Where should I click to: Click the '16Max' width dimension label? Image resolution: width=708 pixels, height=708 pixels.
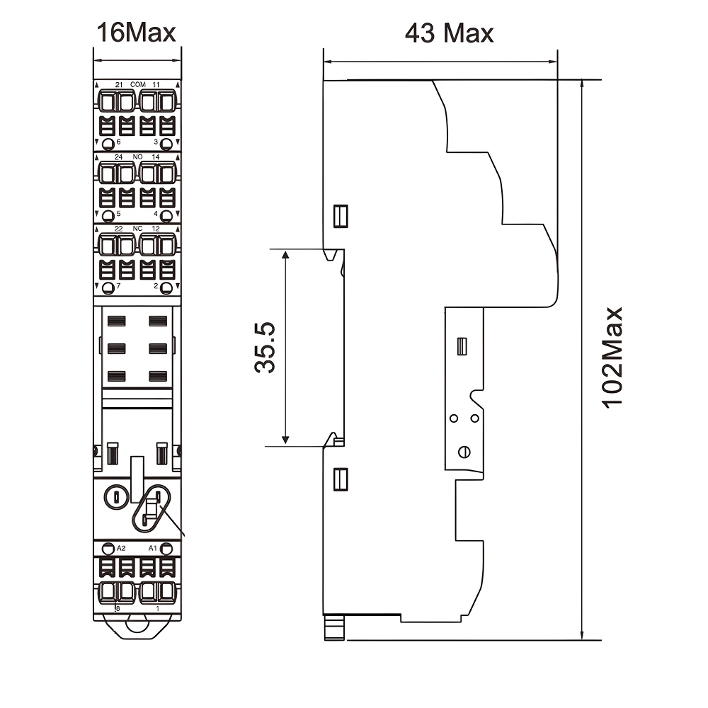click(x=137, y=32)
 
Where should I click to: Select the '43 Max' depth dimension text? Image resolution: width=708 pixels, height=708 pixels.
click(x=449, y=33)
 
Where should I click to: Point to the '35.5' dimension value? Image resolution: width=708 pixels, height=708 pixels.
click(x=265, y=347)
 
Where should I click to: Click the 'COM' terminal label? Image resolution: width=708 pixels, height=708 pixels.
click(x=137, y=84)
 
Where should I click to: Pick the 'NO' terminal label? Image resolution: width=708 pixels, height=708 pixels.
click(x=137, y=156)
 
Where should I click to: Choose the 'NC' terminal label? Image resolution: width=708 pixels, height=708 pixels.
click(x=137, y=229)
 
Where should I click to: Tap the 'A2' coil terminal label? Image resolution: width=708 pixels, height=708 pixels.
click(x=120, y=549)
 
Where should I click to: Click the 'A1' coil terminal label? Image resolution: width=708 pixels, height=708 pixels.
click(x=152, y=549)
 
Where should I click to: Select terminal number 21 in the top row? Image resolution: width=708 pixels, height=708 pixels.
click(x=119, y=84)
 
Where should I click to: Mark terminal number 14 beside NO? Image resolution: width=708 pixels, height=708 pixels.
click(x=156, y=156)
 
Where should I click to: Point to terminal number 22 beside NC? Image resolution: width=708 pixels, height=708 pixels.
click(x=119, y=229)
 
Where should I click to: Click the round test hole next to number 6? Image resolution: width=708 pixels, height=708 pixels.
click(x=108, y=144)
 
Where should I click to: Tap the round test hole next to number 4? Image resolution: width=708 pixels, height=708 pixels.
click(x=166, y=215)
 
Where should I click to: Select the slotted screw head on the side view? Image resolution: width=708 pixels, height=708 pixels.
click(x=464, y=452)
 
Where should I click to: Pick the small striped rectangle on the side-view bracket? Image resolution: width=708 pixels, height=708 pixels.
click(x=462, y=346)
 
